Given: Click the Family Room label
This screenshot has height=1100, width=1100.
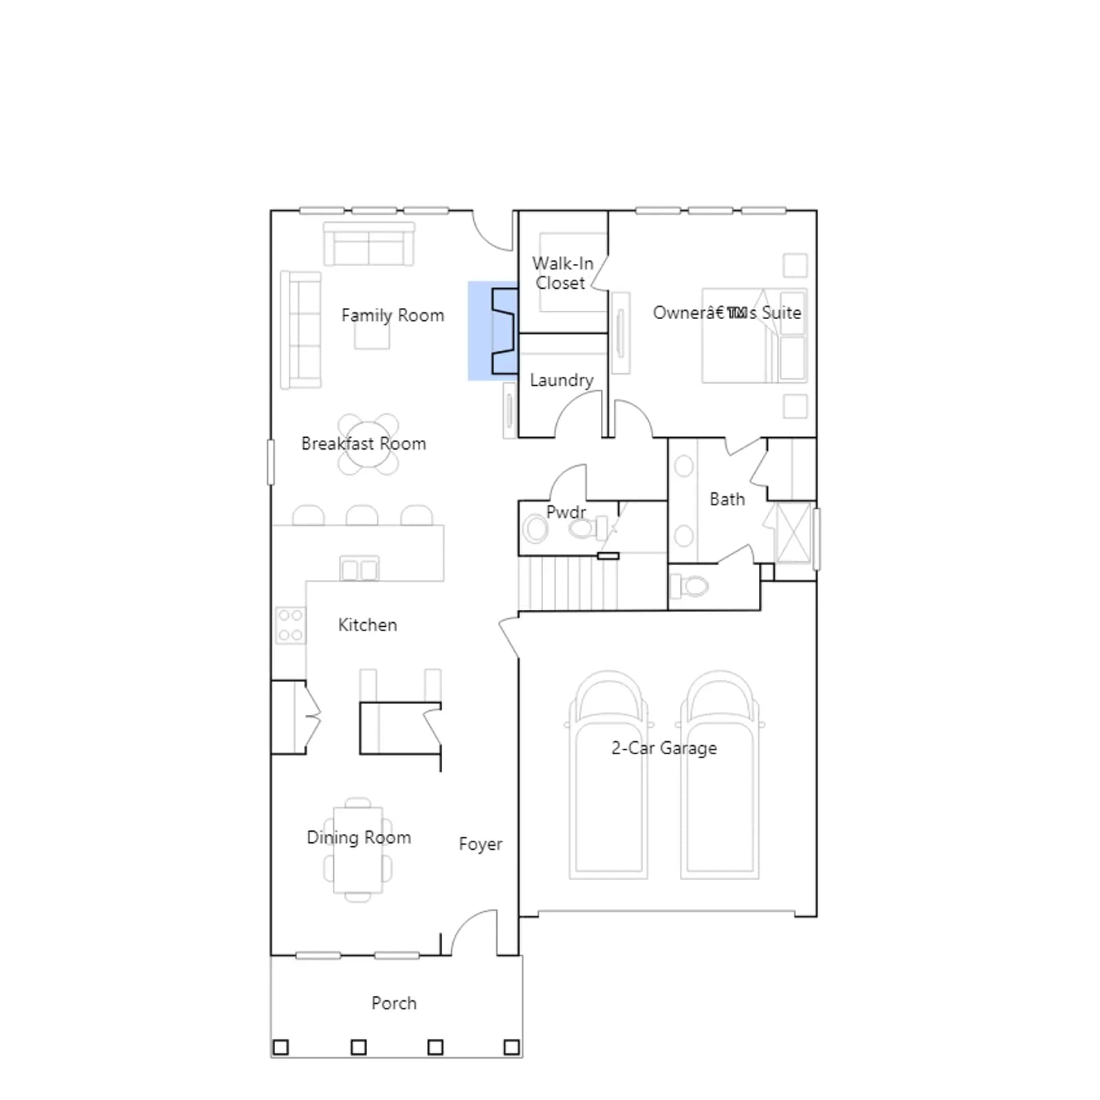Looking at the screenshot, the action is (x=393, y=316).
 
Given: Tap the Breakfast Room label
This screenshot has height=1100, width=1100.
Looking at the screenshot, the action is (x=364, y=443).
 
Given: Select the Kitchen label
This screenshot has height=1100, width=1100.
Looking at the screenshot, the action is (x=367, y=625).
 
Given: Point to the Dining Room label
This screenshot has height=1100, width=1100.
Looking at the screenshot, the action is (x=359, y=837).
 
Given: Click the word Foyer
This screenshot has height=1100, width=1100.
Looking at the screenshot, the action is (x=481, y=844).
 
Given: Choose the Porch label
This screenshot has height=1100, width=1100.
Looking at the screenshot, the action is (x=394, y=1003).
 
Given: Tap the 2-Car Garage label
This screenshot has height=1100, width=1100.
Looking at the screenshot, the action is (x=664, y=748).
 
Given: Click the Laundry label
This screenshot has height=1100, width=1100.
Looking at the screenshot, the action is (x=562, y=380).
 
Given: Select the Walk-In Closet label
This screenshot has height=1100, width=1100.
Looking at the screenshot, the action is (x=562, y=273).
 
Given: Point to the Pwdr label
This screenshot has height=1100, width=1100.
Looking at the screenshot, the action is (x=566, y=512).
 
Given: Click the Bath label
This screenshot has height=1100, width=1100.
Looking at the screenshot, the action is (x=727, y=499).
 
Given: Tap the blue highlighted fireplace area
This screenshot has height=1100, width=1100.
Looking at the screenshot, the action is (x=492, y=331).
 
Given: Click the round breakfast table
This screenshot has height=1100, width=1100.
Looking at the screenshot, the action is (x=368, y=444).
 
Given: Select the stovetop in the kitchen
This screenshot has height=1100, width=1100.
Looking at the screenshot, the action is (x=291, y=625).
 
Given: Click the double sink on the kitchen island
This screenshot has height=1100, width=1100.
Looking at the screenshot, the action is (x=360, y=569).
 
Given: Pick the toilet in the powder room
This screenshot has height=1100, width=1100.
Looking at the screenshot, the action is (x=586, y=529).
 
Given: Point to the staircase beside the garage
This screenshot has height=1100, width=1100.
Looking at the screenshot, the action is (x=568, y=583).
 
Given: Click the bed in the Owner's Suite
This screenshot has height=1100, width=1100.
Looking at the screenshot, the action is (x=753, y=335).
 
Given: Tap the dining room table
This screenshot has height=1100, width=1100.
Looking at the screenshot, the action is (x=357, y=850).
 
